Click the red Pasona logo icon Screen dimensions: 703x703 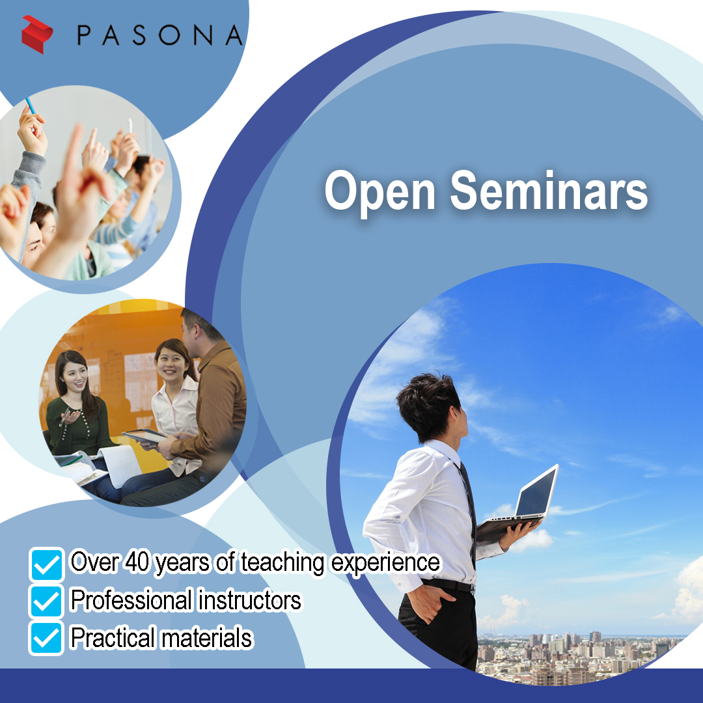click(x=37, y=34)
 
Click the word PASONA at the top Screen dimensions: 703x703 click(x=160, y=35)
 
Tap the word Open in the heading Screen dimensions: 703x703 click(x=379, y=191)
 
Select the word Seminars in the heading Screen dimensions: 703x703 click(x=549, y=190)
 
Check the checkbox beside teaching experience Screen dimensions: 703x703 click(x=47, y=564)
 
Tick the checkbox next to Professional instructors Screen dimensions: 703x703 click(x=47, y=601)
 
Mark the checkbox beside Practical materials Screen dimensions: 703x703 click(x=47, y=638)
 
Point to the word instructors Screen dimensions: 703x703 click(x=250, y=600)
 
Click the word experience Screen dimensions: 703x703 click(x=385, y=564)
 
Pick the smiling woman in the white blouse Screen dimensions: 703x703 click(x=176, y=404)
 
